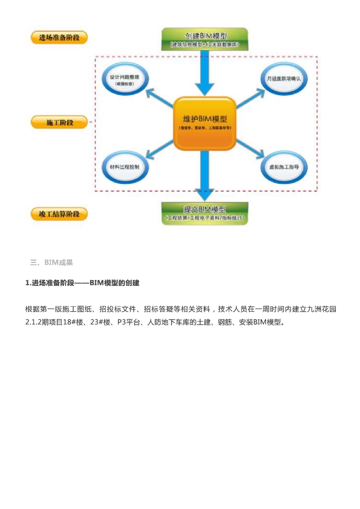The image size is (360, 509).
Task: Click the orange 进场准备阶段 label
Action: click(x=59, y=37)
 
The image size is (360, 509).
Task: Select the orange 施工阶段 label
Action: click(x=59, y=122)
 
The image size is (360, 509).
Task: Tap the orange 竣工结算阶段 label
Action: click(x=59, y=214)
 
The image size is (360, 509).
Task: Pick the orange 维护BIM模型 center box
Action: click(x=205, y=123)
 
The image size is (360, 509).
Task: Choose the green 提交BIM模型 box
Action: click(x=205, y=213)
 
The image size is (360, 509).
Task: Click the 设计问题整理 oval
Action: click(x=124, y=81)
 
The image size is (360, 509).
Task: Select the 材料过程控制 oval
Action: click(x=124, y=167)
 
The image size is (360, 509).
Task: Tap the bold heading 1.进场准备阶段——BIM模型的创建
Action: click(x=83, y=283)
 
